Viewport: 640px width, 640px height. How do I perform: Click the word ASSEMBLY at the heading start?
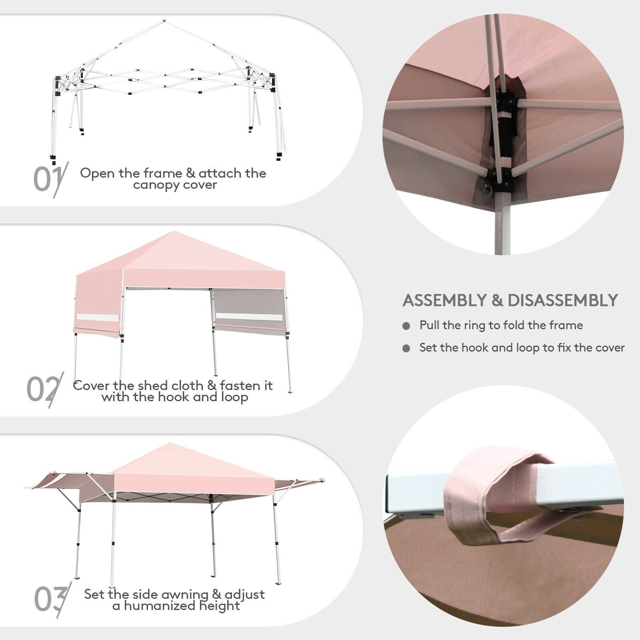[x=445, y=301]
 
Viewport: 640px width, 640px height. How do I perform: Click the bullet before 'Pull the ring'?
[x=406, y=326]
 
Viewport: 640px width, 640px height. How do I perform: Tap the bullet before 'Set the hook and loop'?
[x=406, y=349]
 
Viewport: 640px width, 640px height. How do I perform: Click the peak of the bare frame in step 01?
[x=164, y=21]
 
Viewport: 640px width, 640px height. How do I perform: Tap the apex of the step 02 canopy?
[x=176, y=232]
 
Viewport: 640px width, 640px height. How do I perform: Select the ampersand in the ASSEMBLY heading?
[x=497, y=301]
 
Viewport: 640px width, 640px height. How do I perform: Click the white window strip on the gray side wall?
[x=249, y=317]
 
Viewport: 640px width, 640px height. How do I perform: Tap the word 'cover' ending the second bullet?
[x=610, y=348]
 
